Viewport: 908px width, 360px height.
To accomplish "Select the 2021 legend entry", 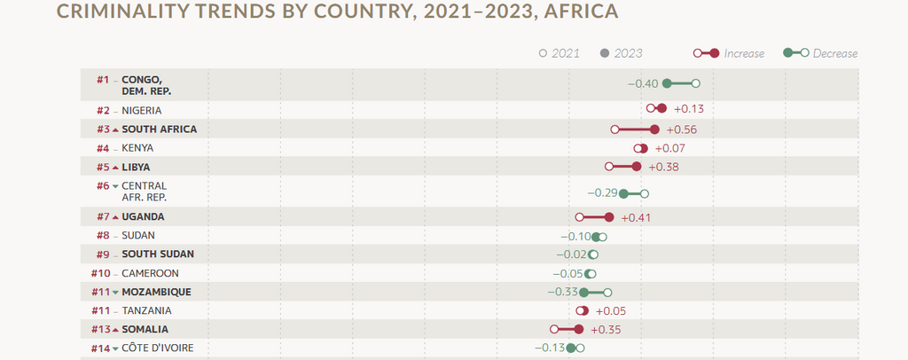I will pyautogui.click(x=560, y=53).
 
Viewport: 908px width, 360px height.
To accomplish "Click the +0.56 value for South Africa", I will pyautogui.click(x=680, y=129).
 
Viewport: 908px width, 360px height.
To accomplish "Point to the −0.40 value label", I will pyautogui.click(x=643, y=83).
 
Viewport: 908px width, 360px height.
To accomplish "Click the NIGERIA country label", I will pyautogui.click(x=142, y=111).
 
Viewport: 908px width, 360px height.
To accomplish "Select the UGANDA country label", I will pyautogui.click(x=143, y=216).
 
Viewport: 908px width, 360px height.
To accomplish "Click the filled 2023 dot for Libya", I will pyautogui.click(x=637, y=167).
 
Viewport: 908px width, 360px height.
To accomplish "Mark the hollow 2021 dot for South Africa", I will pyautogui.click(x=614, y=129).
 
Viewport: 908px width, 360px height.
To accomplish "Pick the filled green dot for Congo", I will pyautogui.click(x=667, y=83).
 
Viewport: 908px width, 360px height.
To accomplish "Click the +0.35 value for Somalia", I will pyautogui.click(x=605, y=330).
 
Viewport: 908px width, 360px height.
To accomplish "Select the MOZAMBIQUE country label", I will pyautogui.click(x=156, y=292).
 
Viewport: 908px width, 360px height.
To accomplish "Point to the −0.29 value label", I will pyautogui.click(x=602, y=192).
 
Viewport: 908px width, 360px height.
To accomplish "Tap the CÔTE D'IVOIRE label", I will pyautogui.click(x=158, y=348).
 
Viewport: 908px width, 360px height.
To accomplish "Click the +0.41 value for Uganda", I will pyautogui.click(x=637, y=217).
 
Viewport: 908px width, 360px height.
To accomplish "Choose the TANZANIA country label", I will pyautogui.click(x=146, y=310).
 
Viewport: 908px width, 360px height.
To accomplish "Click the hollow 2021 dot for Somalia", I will pyautogui.click(x=553, y=330).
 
